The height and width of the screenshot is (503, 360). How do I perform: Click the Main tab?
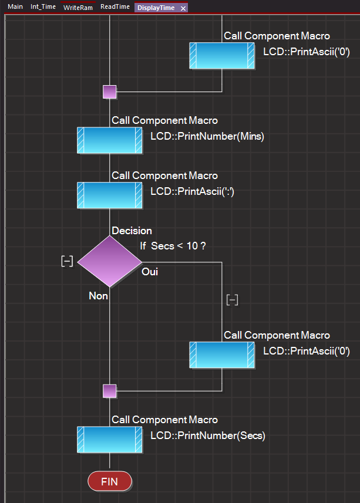pyautogui.click(x=15, y=6)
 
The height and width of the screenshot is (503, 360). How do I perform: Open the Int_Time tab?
pyautogui.click(x=43, y=6)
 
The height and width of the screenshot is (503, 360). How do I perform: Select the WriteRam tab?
pyautogui.click(x=78, y=8)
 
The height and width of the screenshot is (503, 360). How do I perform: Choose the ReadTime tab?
pyautogui.click(x=115, y=6)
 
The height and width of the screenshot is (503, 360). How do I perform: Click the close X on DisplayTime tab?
pyautogui.click(x=183, y=8)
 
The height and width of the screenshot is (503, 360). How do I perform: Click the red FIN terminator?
pyautogui.click(x=110, y=481)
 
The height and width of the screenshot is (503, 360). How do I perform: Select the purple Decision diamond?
pyautogui.click(x=110, y=261)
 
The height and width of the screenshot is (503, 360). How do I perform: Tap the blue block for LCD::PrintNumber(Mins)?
pyautogui.click(x=110, y=140)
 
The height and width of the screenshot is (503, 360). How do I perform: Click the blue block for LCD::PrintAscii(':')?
pyautogui.click(x=110, y=195)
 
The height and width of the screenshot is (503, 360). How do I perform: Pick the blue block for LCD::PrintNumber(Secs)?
pyautogui.click(x=110, y=440)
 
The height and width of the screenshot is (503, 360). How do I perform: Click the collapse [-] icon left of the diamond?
pyautogui.click(x=67, y=261)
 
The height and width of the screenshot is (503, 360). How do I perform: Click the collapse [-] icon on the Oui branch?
pyautogui.click(x=233, y=301)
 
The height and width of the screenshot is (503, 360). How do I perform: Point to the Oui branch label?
pyautogui.click(x=150, y=272)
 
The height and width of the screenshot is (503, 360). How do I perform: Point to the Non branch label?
pyautogui.click(x=98, y=296)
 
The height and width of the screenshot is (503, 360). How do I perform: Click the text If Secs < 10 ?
pyautogui.click(x=173, y=246)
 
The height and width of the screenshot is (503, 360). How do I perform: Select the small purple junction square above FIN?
pyautogui.click(x=110, y=391)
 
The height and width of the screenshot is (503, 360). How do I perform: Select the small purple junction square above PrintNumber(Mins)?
pyautogui.click(x=110, y=92)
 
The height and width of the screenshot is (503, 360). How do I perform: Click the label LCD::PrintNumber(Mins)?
pyautogui.click(x=207, y=136)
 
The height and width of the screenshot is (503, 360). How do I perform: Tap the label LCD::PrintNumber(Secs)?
pyautogui.click(x=208, y=436)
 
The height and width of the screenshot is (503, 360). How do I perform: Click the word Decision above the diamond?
pyautogui.click(x=132, y=231)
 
